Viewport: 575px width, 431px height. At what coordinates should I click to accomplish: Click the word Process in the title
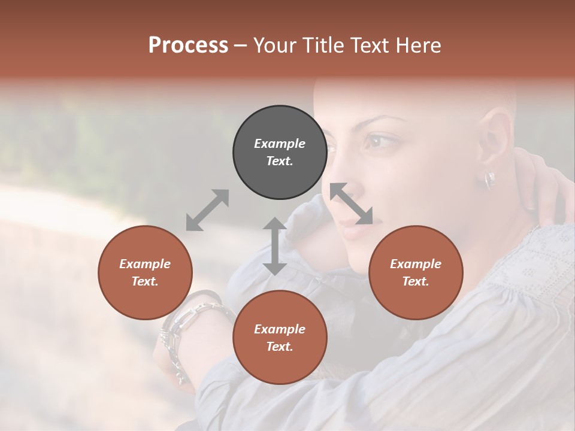(188, 45)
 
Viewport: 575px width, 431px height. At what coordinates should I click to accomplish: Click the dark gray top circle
(280, 152)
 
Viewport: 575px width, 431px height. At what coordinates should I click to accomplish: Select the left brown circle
(145, 272)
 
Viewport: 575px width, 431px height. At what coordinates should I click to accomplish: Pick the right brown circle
(415, 272)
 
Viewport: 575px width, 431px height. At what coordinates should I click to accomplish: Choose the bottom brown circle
(280, 338)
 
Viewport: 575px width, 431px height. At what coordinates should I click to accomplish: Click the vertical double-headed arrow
(275, 246)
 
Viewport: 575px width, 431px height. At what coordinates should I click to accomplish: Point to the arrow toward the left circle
(207, 210)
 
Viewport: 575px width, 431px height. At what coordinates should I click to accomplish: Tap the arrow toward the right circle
(352, 204)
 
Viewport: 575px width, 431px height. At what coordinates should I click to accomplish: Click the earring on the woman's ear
(489, 179)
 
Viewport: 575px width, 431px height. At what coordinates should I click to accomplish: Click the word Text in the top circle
(280, 161)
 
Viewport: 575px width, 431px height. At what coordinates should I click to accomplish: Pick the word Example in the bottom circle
(280, 329)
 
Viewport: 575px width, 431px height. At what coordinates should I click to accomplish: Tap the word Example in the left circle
(145, 263)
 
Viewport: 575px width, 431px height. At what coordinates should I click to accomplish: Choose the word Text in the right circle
(415, 281)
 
